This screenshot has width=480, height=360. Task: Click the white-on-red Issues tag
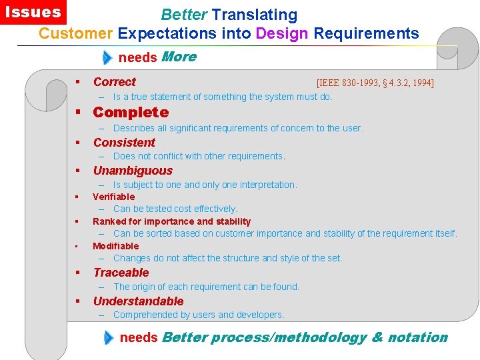(x=33, y=12)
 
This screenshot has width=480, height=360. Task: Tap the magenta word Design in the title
(x=282, y=33)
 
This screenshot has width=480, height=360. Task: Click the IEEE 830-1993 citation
(x=375, y=83)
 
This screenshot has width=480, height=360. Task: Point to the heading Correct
(x=114, y=82)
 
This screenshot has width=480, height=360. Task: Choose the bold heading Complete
(x=131, y=112)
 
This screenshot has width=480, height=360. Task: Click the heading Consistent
(x=124, y=142)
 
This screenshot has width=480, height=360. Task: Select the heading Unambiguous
(x=133, y=171)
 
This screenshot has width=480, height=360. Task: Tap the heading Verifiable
(x=113, y=197)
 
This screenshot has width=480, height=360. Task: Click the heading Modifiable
(x=115, y=246)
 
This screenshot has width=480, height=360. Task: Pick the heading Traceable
(x=121, y=272)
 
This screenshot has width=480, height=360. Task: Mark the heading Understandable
(x=138, y=301)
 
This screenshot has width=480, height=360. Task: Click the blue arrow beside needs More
(x=108, y=57)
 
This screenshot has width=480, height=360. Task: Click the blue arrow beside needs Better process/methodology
(x=109, y=337)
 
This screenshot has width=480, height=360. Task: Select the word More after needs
(x=179, y=57)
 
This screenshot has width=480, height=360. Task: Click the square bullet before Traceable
(x=77, y=273)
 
